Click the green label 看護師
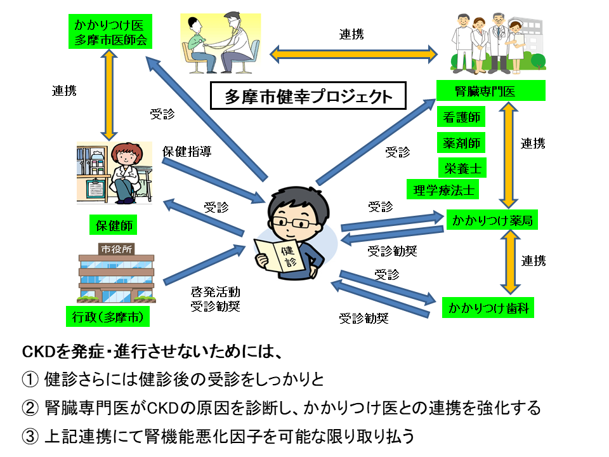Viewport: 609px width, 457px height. coord(461,117)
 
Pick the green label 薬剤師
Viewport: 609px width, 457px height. coord(461,142)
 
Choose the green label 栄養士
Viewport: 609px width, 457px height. coord(461,167)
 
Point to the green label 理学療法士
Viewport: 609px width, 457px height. coord(443,189)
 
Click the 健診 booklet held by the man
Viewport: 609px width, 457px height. coord(280,256)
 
